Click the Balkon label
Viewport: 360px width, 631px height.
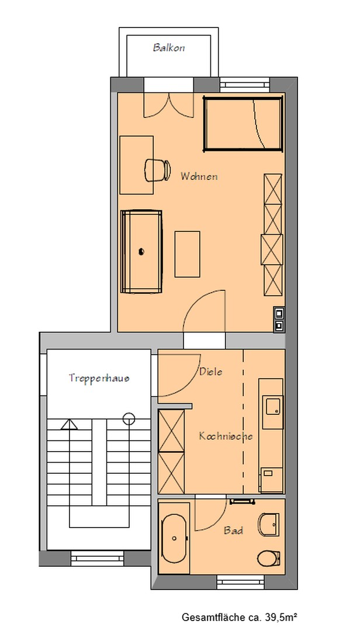click(169, 48)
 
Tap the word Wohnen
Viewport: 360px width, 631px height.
click(199, 176)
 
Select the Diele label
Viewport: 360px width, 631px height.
click(210, 372)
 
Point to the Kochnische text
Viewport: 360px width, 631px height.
click(225, 436)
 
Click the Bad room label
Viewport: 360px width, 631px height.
click(233, 531)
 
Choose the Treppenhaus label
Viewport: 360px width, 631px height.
click(99, 378)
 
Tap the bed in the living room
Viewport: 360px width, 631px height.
click(243, 124)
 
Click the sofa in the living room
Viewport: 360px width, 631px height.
click(141, 251)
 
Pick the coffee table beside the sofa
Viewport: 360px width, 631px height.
click(188, 254)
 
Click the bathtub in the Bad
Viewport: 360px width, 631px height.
click(174, 538)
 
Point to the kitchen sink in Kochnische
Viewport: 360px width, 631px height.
click(273, 404)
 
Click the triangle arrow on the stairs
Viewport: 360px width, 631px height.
click(69, 424)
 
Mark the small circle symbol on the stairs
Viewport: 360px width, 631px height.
click(129, 418)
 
